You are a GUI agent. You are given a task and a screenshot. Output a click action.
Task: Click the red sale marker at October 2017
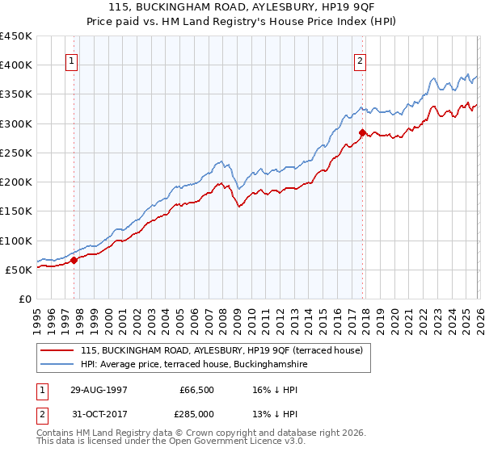click(362, 132)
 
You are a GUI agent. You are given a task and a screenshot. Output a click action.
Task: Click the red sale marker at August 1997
click(74, 260)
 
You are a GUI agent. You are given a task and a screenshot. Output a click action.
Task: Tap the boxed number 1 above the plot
click(72, 59)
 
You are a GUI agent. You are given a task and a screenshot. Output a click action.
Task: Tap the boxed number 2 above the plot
click(360, 59)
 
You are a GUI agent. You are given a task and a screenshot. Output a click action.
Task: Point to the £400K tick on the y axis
click(16, 65)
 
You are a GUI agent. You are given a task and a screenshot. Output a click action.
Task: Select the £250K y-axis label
click(16, 153)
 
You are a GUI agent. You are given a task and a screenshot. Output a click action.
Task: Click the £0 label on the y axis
click(24, 299)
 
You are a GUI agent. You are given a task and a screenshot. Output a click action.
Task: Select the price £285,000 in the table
click(196, 414)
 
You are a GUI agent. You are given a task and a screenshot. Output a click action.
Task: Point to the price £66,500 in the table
click(196, 390)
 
